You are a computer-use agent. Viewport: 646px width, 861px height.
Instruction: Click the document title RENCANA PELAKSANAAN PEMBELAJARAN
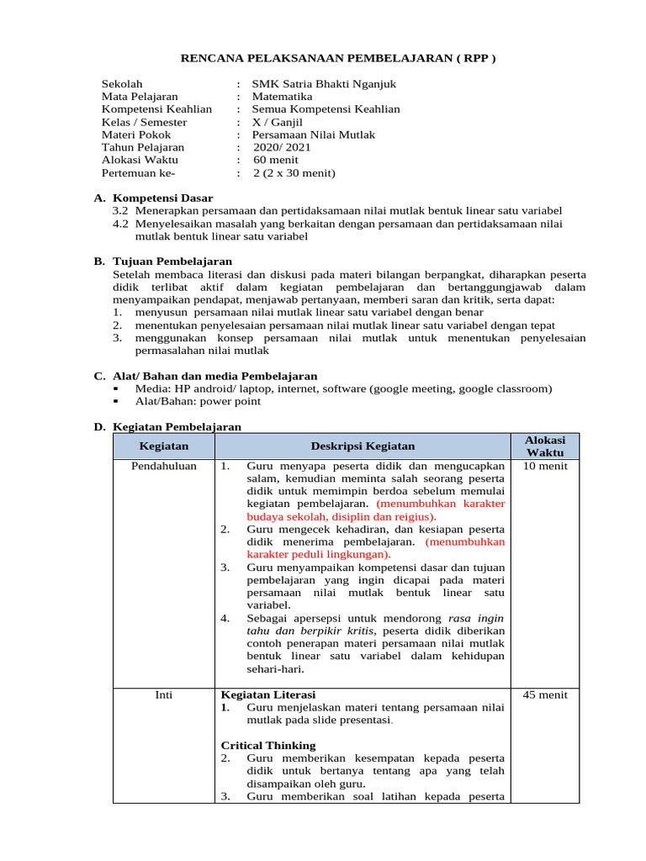click(x=339, y=58)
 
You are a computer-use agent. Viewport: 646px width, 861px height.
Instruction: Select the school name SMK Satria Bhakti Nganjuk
click(x=325, y=84)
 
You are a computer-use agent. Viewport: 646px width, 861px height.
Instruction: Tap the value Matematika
click(x=283, y=97)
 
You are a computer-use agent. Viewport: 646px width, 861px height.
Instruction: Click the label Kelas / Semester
click(x=144, y=122)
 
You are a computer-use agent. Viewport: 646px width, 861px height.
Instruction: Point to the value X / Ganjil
click(x=278, y=122)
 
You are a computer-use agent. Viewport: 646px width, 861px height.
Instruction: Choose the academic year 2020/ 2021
click(x=282, y=147)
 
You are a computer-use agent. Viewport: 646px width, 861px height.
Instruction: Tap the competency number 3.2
click(x=120, y=210)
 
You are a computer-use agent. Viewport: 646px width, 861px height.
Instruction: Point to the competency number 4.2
click(x=120, y=224)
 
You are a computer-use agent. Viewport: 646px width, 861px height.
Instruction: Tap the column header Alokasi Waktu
click(x=545, y=446)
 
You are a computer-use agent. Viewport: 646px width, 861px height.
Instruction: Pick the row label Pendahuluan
click(x=163, y=466)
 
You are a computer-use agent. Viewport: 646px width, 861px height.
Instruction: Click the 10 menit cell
click(x=545, y=466)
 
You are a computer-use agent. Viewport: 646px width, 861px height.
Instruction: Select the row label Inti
click(x=163, y=695)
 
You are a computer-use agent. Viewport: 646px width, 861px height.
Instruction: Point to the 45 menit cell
click(x=545, y=695)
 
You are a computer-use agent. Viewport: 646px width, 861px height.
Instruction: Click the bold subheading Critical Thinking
click(x=267, y=745)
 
